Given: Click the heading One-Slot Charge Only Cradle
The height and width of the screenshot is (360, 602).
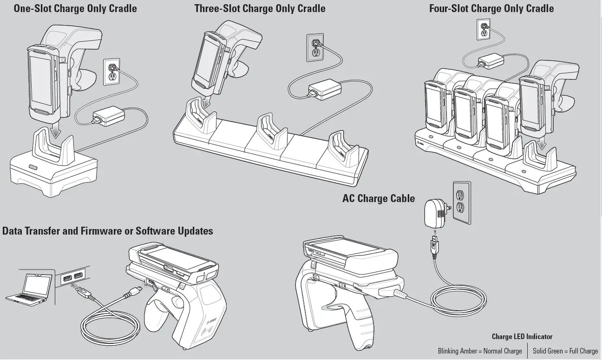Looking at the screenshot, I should (75, 8).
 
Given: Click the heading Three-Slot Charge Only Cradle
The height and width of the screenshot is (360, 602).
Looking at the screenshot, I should (260, 8).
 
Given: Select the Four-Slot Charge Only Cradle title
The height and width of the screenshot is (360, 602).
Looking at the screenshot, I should (491, 8).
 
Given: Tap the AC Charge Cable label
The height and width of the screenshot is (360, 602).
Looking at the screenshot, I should (379, 198).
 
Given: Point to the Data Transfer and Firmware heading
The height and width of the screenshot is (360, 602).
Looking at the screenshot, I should (108, 231).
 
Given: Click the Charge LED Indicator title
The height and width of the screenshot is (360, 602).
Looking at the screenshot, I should (522, 336).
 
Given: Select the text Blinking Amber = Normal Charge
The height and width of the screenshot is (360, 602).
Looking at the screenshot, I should (479, 351).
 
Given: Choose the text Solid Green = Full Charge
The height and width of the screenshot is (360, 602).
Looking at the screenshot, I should (565, 351).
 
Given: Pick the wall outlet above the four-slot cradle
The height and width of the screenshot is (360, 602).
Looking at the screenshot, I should (484, 29).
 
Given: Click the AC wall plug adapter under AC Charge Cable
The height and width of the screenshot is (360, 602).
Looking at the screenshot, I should (434, 214).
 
